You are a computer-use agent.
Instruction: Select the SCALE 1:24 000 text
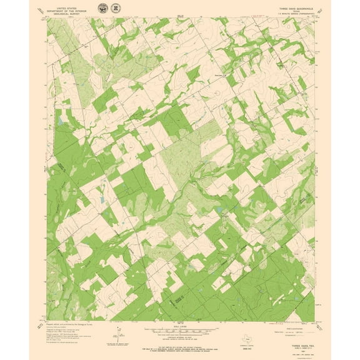click(x=179, y=324)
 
